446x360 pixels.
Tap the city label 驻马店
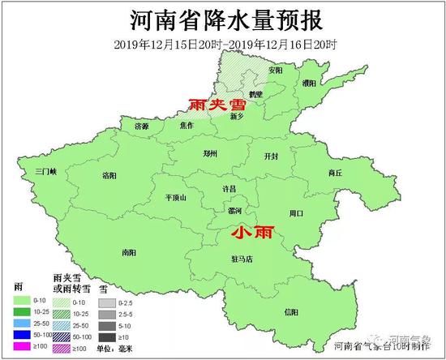242,259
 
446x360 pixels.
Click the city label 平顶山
175,198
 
